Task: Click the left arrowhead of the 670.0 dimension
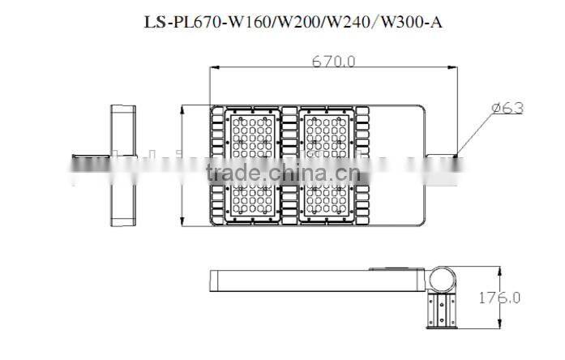(x=213, y=70)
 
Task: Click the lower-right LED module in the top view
(x=327, y=200)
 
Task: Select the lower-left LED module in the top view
(x=254, y=200)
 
